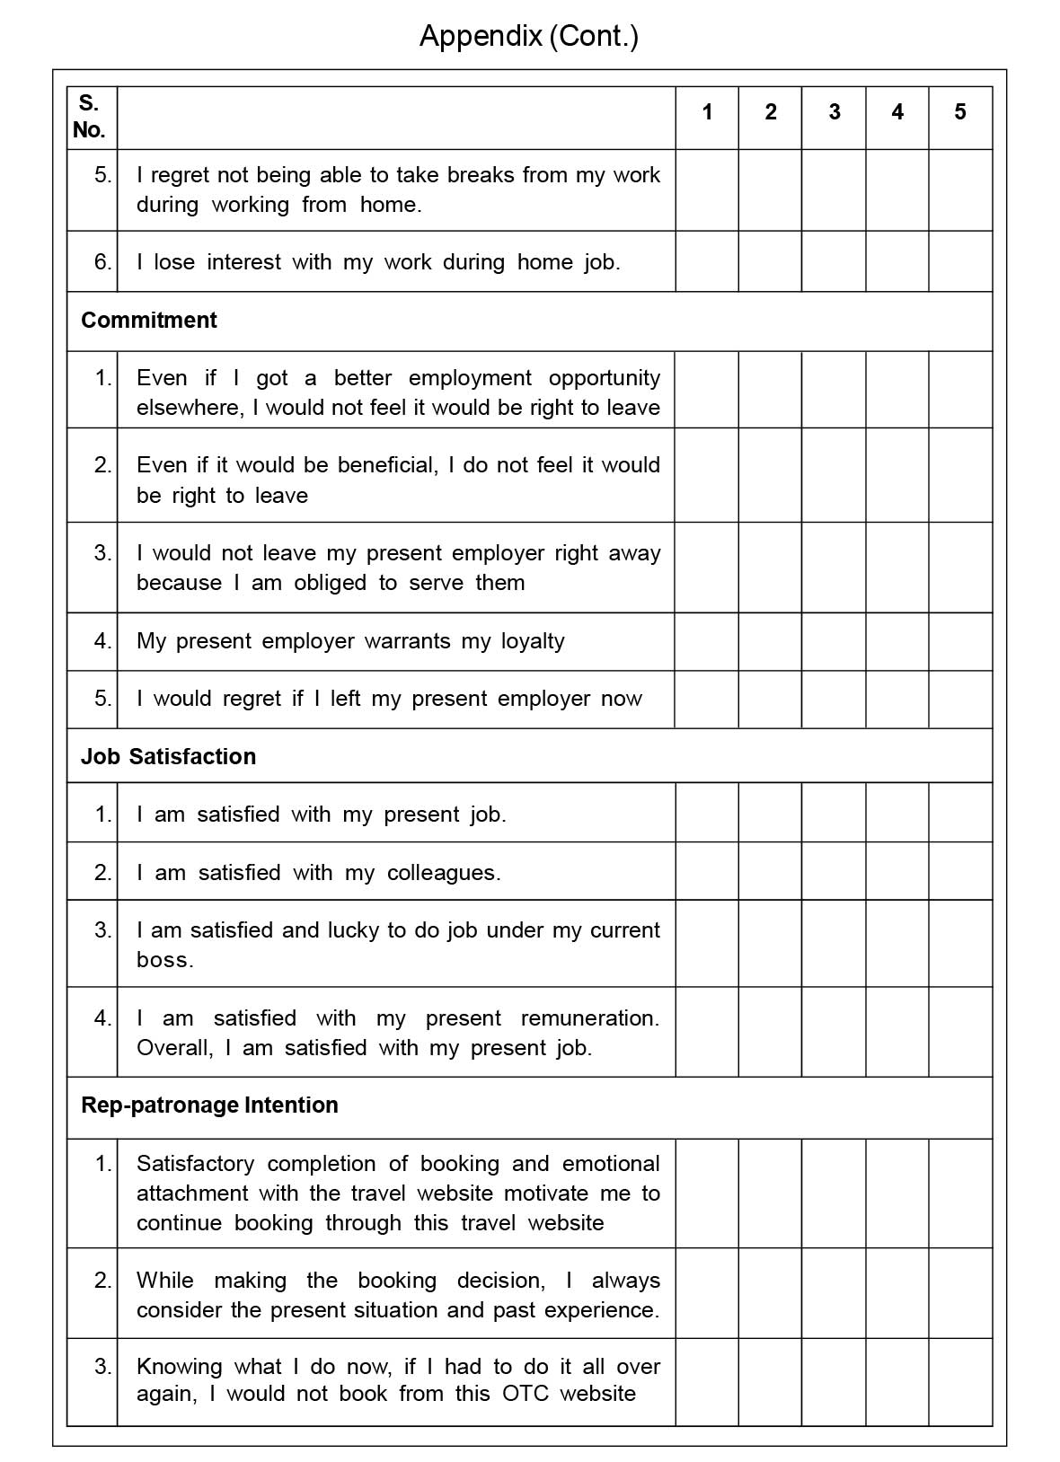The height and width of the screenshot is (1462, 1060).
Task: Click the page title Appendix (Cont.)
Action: [529, 37]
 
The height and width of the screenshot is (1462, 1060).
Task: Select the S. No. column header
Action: [89, 116]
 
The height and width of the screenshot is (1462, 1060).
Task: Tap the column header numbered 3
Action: [834, 112]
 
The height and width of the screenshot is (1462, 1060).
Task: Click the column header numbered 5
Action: [959, 112]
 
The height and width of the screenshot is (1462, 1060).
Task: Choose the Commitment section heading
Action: [149, 321]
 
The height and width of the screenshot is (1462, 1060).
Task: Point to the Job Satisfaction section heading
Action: [168, 756]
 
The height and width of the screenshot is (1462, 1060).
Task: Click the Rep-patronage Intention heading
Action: [209, 1105]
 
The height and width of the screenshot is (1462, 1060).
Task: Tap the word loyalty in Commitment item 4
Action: [533, 641]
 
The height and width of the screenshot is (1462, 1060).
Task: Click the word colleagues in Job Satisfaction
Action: [443, 873]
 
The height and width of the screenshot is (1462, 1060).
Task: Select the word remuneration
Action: [588, 1018]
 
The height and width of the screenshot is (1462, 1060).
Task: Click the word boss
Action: [164, 960]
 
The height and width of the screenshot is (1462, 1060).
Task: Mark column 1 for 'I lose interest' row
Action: [707, 261]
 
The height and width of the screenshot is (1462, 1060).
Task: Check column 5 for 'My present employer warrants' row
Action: [959, 641]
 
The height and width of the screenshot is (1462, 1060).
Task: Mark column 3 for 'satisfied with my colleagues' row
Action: [834, 871]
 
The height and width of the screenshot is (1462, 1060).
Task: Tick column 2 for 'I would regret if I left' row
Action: [770, 699]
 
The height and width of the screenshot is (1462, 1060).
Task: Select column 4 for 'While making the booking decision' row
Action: [897, 1293]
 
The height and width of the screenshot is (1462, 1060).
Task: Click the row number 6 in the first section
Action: [102, 261]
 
